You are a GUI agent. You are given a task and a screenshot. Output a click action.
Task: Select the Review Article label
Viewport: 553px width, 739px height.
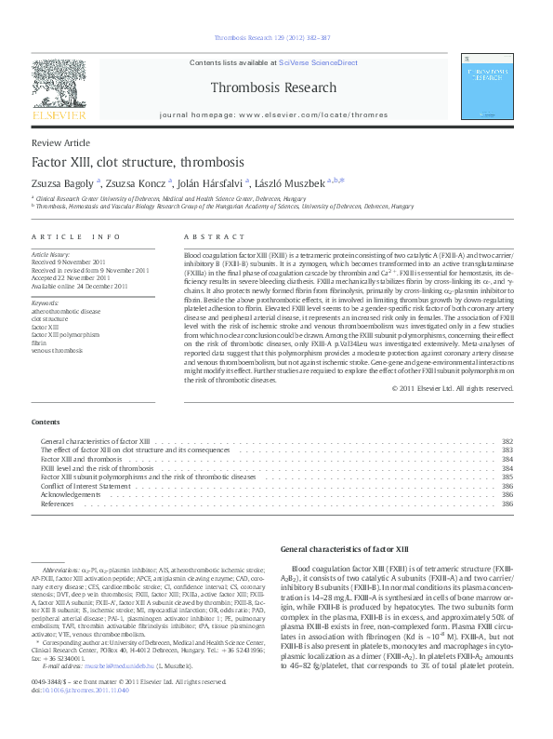coord(60,143)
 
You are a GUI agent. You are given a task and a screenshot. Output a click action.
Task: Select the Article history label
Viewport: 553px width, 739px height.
coord(51,254)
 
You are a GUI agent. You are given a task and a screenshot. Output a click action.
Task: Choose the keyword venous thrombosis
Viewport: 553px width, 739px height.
coord(57,350)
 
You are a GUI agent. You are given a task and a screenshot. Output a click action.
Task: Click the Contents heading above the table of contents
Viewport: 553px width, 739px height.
coord(46,422)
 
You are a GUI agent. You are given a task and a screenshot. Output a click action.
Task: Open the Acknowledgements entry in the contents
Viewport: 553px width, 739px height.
coord(74,494)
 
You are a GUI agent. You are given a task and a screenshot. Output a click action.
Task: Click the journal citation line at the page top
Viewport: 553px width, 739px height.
coord(272,38)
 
